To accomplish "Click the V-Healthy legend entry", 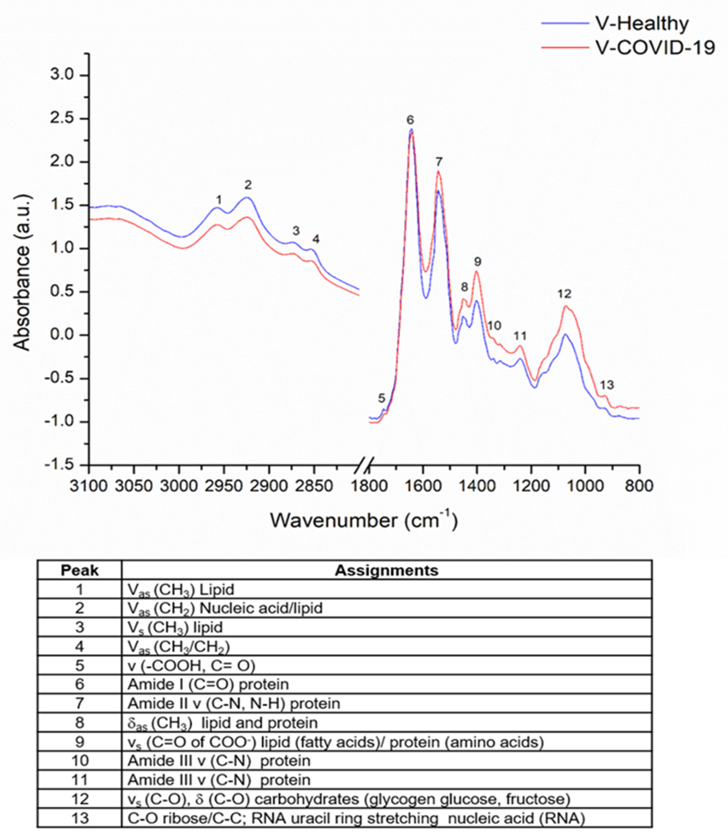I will (642, 24).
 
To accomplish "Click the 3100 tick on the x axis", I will (89, 486).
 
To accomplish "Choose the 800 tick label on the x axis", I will (639, 486).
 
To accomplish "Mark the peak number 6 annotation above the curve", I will (410, 120).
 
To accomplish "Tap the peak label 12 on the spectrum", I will (564, 293).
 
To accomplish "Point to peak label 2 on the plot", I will (248, 185).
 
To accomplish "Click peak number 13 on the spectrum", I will (607, 385).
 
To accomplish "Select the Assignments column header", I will (386, 571).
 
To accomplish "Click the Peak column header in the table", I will (80, 571).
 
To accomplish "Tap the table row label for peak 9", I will (80, 742).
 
